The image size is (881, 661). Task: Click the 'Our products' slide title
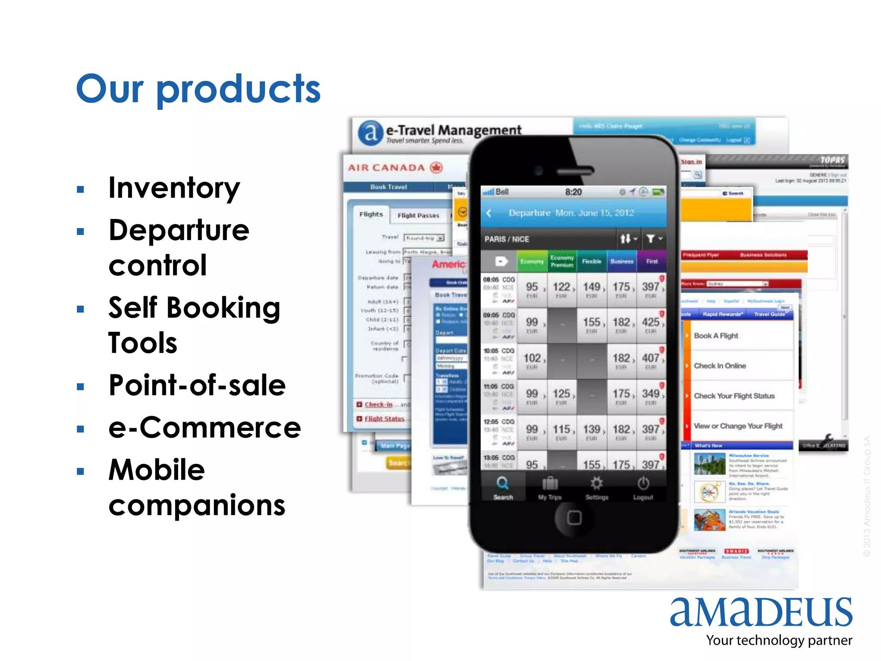[198, 89]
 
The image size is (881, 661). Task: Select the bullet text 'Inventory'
[174, 188]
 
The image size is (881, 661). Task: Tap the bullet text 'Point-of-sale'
[197, 385]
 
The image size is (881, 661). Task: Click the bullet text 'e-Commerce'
[204, 428]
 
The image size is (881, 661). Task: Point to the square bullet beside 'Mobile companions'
[80, 471]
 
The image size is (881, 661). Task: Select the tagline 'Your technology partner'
[779, 640]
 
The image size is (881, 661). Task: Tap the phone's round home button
[574, 518]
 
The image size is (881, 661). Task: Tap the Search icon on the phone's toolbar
[502, 484]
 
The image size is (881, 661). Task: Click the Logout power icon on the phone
[643, 484]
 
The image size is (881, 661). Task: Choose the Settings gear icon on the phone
[597, 484]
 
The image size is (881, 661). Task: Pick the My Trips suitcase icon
[550, 484]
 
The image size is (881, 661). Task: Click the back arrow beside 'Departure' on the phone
[489, 213]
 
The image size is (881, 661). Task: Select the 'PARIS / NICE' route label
[507, 239]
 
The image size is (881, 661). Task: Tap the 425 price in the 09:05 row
[650, 323]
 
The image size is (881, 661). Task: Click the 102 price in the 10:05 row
[532, 358]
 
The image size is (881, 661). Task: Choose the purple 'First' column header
[651, 261]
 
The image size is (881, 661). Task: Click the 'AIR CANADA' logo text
[386, 168]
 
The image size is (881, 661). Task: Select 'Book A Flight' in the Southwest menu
[716, 336]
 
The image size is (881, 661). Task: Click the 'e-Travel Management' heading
[453, 130]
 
